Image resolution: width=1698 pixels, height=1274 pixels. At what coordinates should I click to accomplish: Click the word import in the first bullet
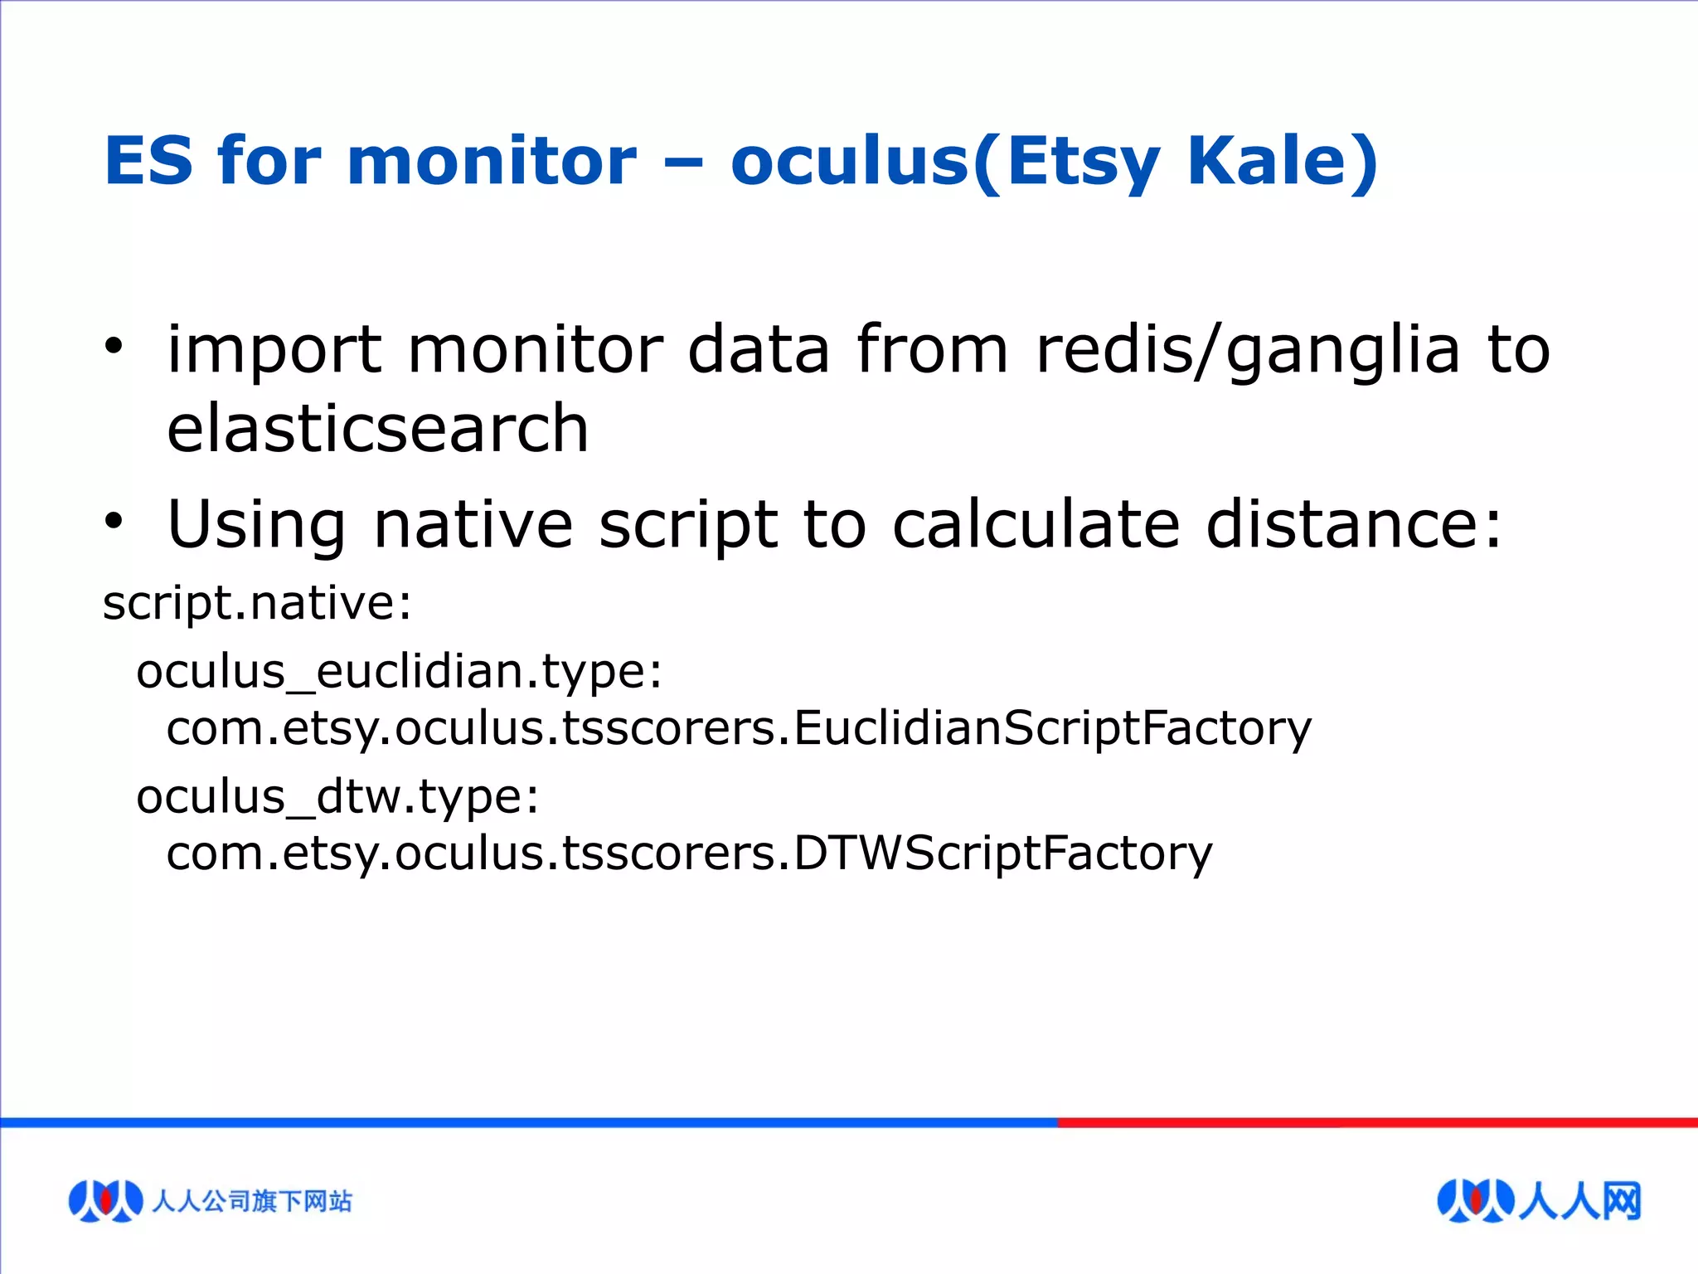tap(274, 351)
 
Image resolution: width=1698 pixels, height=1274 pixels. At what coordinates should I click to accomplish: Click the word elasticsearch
tap(377, 429)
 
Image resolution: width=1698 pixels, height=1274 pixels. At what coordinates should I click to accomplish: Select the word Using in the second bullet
tap(255, 525)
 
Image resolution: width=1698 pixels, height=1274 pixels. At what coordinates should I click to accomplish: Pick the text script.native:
tap(257, 603)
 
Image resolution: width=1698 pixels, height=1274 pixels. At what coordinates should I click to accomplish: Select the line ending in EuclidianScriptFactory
tap(738, 729)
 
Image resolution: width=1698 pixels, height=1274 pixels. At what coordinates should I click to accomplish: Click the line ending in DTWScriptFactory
tap(688, 853)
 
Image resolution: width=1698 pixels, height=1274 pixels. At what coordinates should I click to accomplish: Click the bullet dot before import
tap(114, 345)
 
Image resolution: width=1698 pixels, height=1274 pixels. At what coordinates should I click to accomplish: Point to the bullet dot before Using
tap(114, 521)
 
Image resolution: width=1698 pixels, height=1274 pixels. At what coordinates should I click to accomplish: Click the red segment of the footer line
tap(1376, 1122)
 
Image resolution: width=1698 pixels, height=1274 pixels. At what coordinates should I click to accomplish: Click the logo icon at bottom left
tap(104, 1200)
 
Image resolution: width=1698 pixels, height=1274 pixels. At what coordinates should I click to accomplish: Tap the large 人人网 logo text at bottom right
tap(1579, 1201)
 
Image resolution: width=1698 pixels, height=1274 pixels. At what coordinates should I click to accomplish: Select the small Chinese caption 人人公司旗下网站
tap(252, 1201)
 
